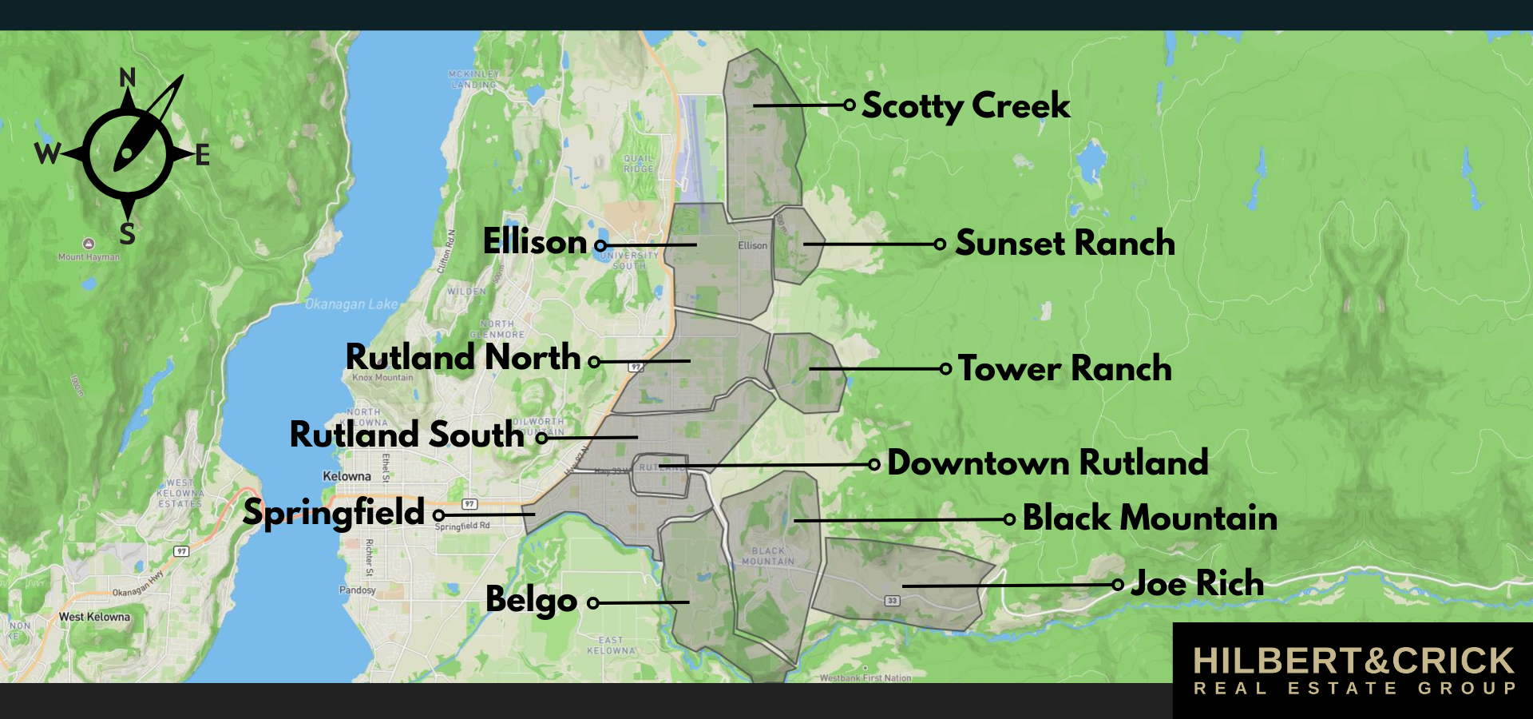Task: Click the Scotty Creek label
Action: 965,105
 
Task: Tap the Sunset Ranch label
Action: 1064,243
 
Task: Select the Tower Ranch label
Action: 1064,368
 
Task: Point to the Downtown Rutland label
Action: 1047,463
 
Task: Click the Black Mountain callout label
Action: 1149,518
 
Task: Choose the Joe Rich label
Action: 1197,583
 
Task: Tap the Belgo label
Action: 531,599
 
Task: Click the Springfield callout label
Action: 333,512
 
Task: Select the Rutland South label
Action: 406,435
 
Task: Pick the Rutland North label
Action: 462,357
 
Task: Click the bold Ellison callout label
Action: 535,241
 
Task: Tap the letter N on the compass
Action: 127,77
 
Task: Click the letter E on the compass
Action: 203,155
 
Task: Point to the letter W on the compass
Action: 47,153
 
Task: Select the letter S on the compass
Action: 127,234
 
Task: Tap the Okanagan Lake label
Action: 351,304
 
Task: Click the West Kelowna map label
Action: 94,617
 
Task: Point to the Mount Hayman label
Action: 89,257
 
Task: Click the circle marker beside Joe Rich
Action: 1118,585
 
